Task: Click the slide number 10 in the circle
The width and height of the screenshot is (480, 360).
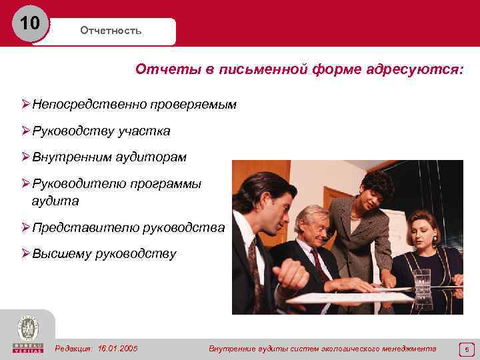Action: pyautogui.click(x=29, y=24)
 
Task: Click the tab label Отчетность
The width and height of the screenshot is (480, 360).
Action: pyautogui.click(x=111, y=31)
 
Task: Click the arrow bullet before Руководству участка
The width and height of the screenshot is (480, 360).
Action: pyautogui.click(x=25, y=131)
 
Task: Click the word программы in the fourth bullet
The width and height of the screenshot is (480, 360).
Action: pyautogui.click(x=168, y=183)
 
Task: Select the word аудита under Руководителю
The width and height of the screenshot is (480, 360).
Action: pyautogui.click(x=55, y=200)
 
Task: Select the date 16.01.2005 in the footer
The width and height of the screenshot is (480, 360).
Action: pyautogui.click(x=117, y=348)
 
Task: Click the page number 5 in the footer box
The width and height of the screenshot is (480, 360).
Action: pyautogui.click(x=467, y=349)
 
